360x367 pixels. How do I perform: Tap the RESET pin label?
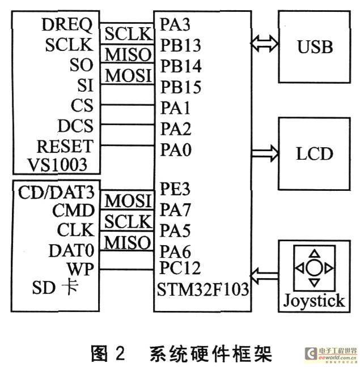tap(64, 146)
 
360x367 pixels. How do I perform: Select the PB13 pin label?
tap(180, 45)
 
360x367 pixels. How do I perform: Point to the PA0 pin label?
tap(175, 150)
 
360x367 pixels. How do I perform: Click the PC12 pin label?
tap(180, 268)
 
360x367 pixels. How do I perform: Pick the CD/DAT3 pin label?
tap(56, 190)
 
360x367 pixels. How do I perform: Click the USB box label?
tap(315, 47)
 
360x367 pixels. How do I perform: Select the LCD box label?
tap(315, 153)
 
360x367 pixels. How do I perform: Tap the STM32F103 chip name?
tap(202, 290)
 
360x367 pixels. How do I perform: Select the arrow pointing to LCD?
tap(265, 151)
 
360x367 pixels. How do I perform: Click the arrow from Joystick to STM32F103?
tap(265, 276)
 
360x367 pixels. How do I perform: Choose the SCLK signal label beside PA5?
tap(128, 220)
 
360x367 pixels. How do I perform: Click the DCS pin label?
tap(75, 125)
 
